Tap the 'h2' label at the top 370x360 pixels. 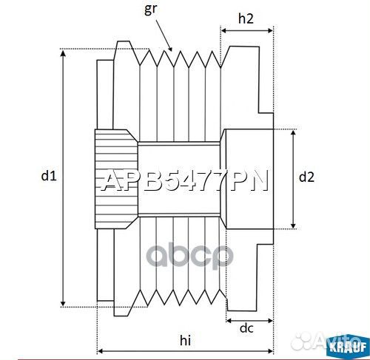(247, 20)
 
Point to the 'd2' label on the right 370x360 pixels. (306, 177)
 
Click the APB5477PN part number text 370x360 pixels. (184, 181)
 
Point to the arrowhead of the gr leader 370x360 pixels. (172, 50)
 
